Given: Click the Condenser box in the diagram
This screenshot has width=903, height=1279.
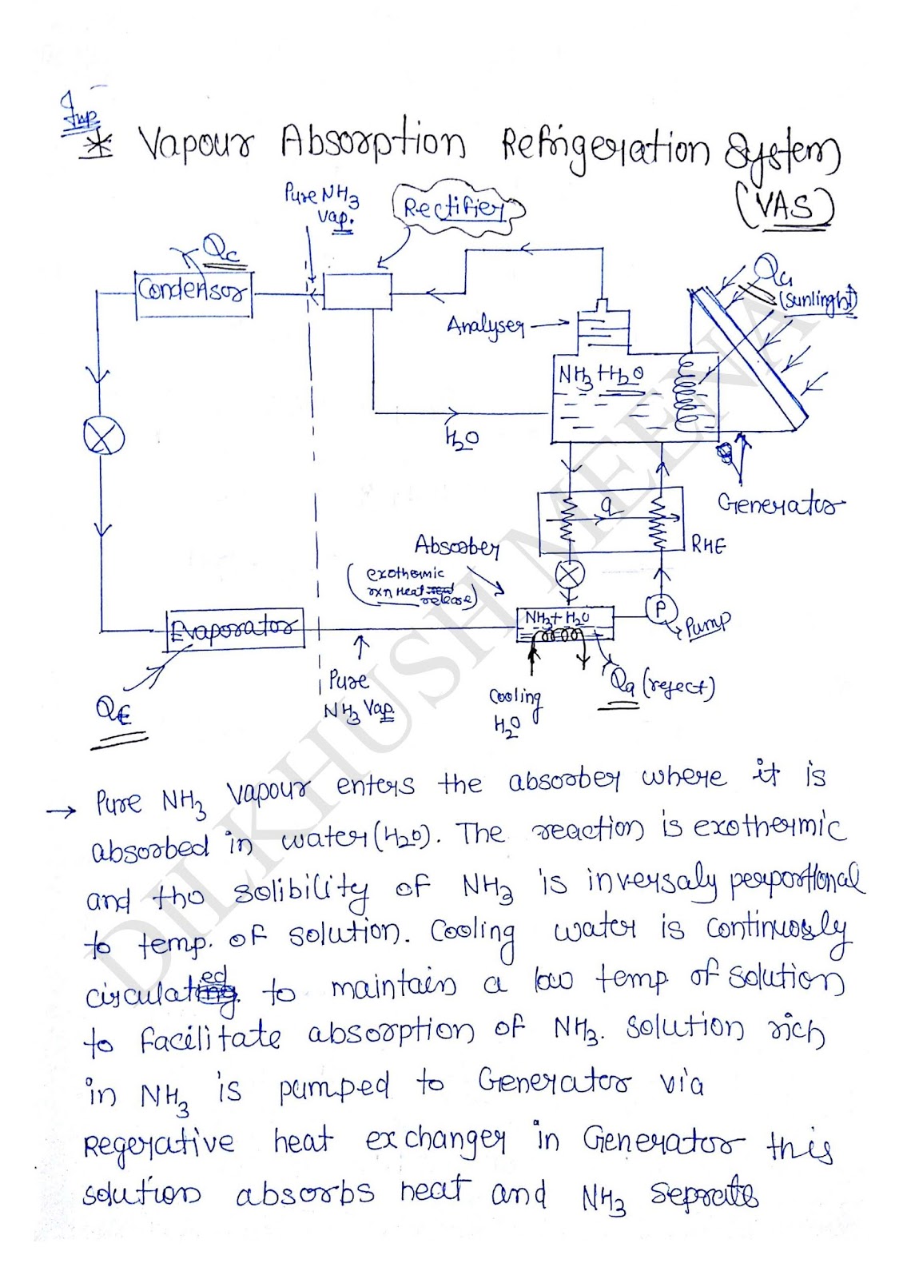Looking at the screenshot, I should tap(194, 289).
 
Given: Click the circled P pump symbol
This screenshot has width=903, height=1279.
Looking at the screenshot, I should tap(660, 609).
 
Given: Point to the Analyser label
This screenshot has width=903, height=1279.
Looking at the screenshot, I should tap(485, 326).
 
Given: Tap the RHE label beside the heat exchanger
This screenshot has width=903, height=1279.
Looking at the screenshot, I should tap(709, 545).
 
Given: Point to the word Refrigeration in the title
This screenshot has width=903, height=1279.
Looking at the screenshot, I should tap(605, 149).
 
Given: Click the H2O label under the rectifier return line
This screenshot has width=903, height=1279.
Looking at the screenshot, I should tap(461, 437).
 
